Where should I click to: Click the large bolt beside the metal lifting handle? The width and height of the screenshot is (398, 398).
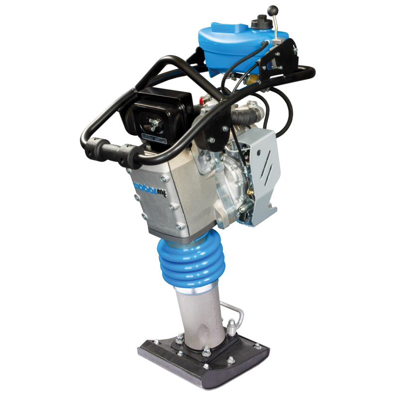coord(232,328)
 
